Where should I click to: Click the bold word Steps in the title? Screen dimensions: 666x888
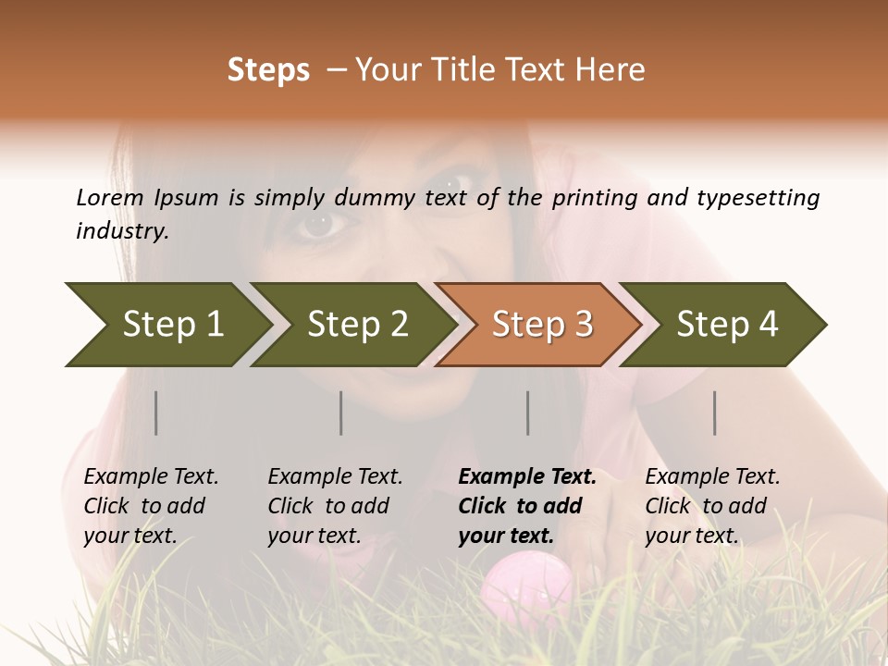coord(268,70)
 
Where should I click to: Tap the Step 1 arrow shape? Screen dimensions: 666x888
coord(166,324)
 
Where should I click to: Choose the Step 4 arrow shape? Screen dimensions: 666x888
coord(727,324)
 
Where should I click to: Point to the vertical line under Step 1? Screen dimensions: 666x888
coord(156,413)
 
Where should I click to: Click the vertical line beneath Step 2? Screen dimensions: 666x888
coord(341,413)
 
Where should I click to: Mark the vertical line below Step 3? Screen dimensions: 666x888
coord(528,413)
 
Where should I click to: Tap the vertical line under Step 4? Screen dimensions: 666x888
coord(715,413)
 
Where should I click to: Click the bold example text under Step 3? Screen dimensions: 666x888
coord(527,506)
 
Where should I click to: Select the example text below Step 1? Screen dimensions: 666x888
coord(151,506)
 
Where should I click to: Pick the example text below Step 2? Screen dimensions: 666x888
coord(335,506)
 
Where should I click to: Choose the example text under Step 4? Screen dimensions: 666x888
coord(712,506)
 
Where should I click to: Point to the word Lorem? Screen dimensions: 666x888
coord(109,198)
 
